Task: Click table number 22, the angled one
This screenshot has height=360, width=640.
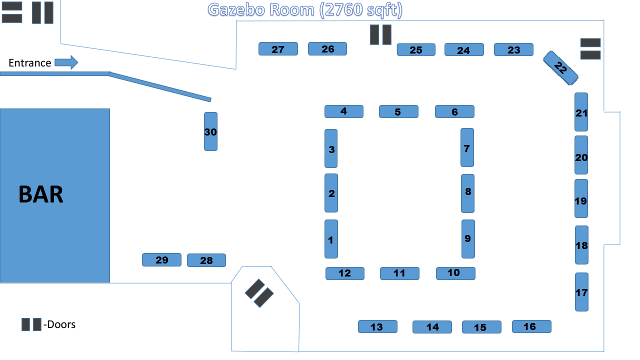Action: (x=560, y=67)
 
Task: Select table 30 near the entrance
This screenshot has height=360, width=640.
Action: (x=210, y=131)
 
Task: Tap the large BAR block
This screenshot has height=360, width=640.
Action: (x=54, y=195)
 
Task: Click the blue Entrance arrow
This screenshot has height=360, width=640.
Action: (x=66, y=62)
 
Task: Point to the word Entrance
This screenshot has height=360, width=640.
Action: (x=30, y=63)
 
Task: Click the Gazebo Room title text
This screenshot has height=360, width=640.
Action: (x=305, y=9)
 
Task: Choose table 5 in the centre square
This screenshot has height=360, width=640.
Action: (x=398, y=111)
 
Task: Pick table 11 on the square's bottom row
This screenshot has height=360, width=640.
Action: (x=399, y=273)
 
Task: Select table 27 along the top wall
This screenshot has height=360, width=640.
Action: (x=278, y=49)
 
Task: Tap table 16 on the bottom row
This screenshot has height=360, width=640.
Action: (x=531, y=326)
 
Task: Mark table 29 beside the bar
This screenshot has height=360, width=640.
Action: (x=161, y=260)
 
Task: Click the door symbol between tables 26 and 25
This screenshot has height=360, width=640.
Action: (x=380, y=34)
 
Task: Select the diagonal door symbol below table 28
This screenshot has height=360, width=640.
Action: (x=259, y=293)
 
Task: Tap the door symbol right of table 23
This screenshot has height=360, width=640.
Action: (x=590, y=49)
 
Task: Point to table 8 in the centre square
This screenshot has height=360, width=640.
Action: (x=467, y=193)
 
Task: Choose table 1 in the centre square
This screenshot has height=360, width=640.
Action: (x=331, y=239)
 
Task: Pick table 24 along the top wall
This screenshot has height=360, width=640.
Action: (x=464, y=50)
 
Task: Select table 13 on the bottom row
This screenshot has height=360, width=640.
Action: (x=377, y=326)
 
